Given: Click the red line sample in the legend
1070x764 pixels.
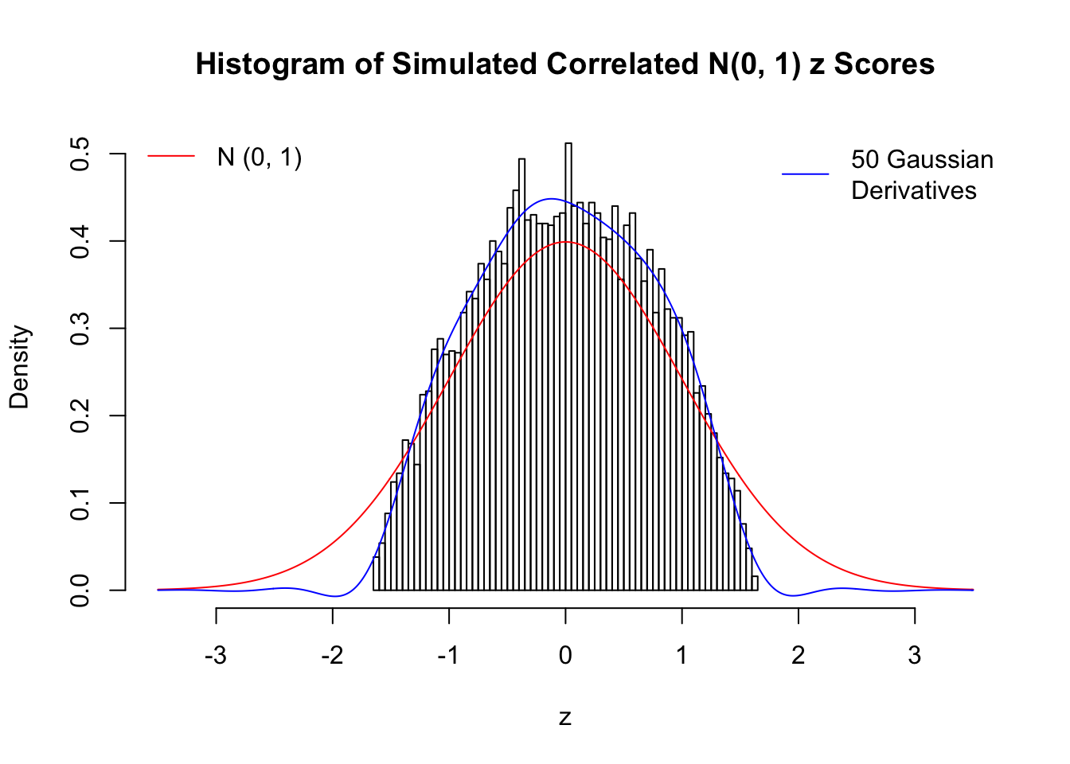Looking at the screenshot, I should click(x=171, y=157).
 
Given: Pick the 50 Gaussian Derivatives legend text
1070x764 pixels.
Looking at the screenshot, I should click(x=922, y=175).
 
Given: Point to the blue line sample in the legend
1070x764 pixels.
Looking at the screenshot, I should click(x=805, y=173).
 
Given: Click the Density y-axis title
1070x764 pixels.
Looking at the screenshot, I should click(x=19, y=367).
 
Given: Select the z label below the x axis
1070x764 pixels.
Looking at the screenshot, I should click(x=565, y=718).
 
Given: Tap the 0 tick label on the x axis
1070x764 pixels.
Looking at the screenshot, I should click(x=565, y=656).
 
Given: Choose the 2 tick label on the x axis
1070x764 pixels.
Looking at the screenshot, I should click(x=798, y=656).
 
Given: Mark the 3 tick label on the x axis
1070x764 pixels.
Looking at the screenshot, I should click(x=915, y=656).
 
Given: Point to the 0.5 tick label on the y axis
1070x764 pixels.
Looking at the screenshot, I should click(x=80, y=154).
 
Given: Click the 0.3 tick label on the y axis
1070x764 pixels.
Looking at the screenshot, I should click(x=80, y=328).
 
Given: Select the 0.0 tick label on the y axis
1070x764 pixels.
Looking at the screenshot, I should click(x=80, y=590).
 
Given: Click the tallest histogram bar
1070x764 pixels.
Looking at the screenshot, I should click(x=568, y=366).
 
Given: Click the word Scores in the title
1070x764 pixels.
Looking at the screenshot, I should click(x=884, y=64).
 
